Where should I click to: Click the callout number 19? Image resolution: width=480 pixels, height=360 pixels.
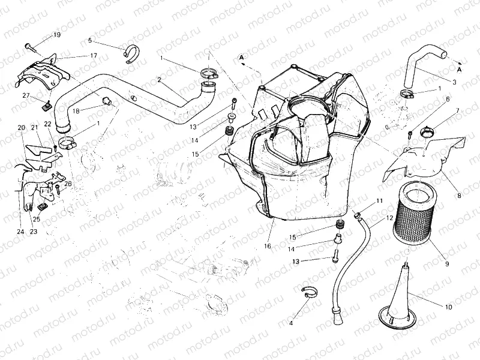[x=57, y=35]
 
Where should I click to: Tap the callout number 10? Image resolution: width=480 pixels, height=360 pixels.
[x=449, y=307]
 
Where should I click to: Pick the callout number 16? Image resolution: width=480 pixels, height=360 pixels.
[x=267, y=246]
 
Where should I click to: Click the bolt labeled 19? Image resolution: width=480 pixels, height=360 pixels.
[x=30, y=47]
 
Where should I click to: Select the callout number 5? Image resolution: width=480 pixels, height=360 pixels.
[x=90, y=40]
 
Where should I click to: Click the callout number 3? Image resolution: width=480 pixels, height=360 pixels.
[x=454, y=82]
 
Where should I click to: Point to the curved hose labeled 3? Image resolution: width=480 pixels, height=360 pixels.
[x=424, y=64]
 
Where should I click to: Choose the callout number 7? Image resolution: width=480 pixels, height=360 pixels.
[x=458, y=110]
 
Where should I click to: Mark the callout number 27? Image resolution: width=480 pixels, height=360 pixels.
[x=26, y=96]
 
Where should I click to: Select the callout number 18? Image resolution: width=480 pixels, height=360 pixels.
[x=76, y=111]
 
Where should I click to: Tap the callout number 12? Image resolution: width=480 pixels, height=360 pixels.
[x=389, y=218]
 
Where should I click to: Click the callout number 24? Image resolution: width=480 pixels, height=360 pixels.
[x=20, y=232]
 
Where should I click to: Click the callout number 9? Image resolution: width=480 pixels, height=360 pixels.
[x=447, y=263]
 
